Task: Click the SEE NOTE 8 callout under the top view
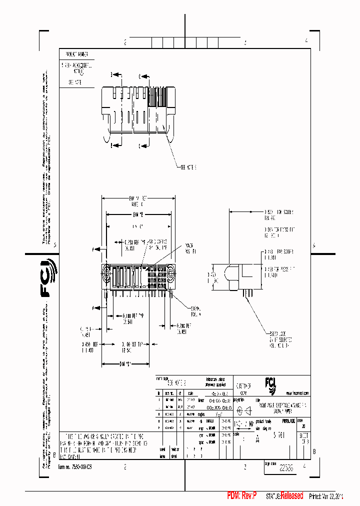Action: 188,168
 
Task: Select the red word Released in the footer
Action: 291,496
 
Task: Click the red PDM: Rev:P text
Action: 242,496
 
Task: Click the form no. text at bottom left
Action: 75,466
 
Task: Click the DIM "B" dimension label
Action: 138,214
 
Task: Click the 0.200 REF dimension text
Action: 183,328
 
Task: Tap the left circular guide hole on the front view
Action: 106,273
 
